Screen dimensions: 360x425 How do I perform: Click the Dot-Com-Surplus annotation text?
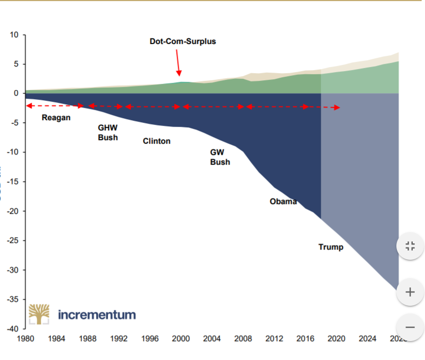(182, 41)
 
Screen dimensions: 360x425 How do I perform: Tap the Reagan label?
(56, 118)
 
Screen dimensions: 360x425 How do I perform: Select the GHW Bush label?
(108, 133)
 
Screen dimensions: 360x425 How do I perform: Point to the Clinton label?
(156, 141)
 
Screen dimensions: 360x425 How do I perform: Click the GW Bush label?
(220, 157)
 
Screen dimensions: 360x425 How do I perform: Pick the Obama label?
(283, 201)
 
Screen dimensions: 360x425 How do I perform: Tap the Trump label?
(331, 247)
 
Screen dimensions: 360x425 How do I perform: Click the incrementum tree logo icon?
(39, 314)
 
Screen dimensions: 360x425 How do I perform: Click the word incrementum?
(97, 314)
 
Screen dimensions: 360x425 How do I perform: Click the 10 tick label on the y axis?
(14, 35)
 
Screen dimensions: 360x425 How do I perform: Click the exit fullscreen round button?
(410, 246)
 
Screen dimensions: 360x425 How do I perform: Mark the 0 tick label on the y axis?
(16, 94)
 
